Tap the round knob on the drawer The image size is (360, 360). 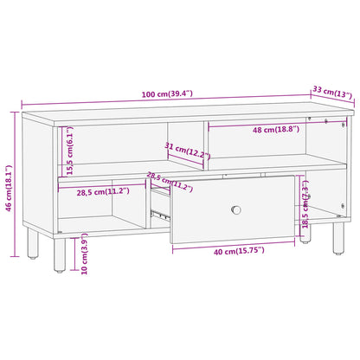click(236, 209)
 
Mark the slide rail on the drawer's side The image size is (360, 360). click(160, 213)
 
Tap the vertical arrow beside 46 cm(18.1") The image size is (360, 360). click(16, 183)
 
